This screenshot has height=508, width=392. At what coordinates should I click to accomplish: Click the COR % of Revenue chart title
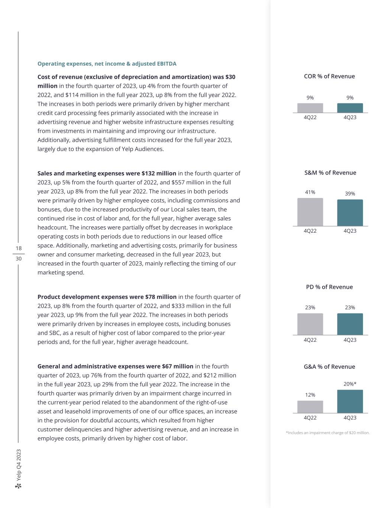pos(329,76)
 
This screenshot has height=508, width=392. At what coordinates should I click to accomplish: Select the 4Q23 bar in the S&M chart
pos(350,213)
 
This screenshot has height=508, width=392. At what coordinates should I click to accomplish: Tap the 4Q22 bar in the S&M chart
pos(310,212)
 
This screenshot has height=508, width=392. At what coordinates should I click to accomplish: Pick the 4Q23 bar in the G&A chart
pos(350,402)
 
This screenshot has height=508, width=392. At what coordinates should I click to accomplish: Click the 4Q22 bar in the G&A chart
pos(310,407)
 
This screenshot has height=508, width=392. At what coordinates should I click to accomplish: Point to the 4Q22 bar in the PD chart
pos(310,324)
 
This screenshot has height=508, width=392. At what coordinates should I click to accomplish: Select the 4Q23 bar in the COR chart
pos(350,108)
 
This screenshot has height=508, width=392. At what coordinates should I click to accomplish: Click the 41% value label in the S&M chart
pos(310,192)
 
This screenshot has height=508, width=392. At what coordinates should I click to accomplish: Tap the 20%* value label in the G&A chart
pos(350,384)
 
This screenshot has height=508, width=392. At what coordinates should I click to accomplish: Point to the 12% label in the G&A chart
pos(310,395)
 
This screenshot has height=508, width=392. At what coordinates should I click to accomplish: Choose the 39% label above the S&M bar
pos(350,194)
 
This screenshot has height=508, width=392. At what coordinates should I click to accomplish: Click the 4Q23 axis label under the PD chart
pos(350,340)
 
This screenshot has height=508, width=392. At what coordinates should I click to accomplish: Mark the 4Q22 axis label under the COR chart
pos(310,117)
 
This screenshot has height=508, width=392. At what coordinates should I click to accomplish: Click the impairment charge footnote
pos(328,432)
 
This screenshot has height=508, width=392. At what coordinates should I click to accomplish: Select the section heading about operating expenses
pos(107,64)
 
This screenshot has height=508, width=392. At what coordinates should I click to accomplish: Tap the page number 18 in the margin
pos(19,248)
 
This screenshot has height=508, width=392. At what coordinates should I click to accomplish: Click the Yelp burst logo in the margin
pos(19,486)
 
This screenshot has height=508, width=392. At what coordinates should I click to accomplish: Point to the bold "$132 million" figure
pos(159,173)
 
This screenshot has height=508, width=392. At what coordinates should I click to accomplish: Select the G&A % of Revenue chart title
pos(329,367)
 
